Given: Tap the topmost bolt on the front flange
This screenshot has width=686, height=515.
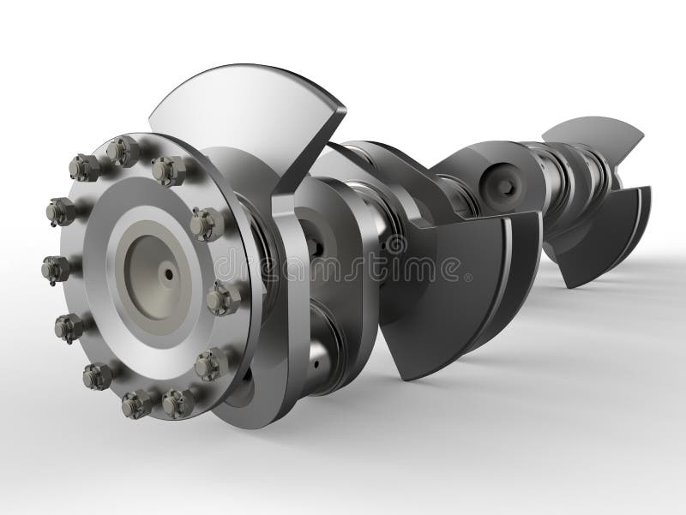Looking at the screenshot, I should (123, 152).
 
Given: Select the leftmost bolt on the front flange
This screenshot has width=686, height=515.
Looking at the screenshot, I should (55, 270).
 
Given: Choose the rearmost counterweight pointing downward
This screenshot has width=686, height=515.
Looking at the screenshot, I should (600, 227).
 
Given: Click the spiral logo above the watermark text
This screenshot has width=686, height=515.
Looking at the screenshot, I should (395, 244).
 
